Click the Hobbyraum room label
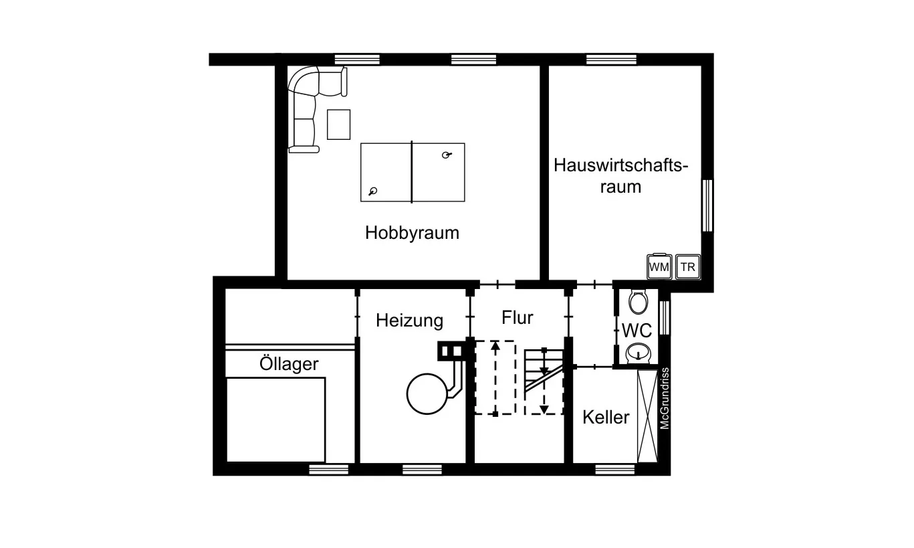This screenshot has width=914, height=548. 412,233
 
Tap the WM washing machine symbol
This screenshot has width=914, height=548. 659,267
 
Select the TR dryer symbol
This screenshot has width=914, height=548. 687,267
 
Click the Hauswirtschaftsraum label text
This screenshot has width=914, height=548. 620,175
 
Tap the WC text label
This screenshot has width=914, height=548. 637,331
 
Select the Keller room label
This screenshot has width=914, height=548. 606,418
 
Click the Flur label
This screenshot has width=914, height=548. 518,317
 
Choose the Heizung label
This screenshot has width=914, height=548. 409,321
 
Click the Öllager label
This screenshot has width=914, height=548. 289,365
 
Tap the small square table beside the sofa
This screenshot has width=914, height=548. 338,124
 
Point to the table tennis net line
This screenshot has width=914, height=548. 412,172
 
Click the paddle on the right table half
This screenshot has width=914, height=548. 447,155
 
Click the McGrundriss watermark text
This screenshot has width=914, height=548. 665,398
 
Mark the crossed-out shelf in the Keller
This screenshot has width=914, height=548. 647,416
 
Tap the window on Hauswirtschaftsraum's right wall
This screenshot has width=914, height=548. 707,205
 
